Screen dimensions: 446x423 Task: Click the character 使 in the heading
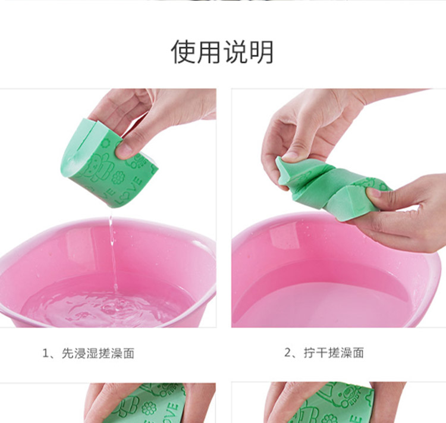tap(183, 52)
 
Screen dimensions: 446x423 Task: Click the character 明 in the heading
tap(262, 52)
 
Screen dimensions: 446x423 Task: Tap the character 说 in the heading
tap(235, 52)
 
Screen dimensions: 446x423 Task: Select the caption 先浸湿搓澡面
tap(98, 353)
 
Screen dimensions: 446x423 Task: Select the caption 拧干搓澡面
tap(334, 353)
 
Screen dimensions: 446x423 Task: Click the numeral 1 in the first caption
tap(46, 353)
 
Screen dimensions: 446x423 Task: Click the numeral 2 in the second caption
tap(288, 353)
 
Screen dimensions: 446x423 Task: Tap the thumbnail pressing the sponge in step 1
tap(124, 150)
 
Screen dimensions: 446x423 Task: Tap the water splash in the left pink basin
tap(111, 308)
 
